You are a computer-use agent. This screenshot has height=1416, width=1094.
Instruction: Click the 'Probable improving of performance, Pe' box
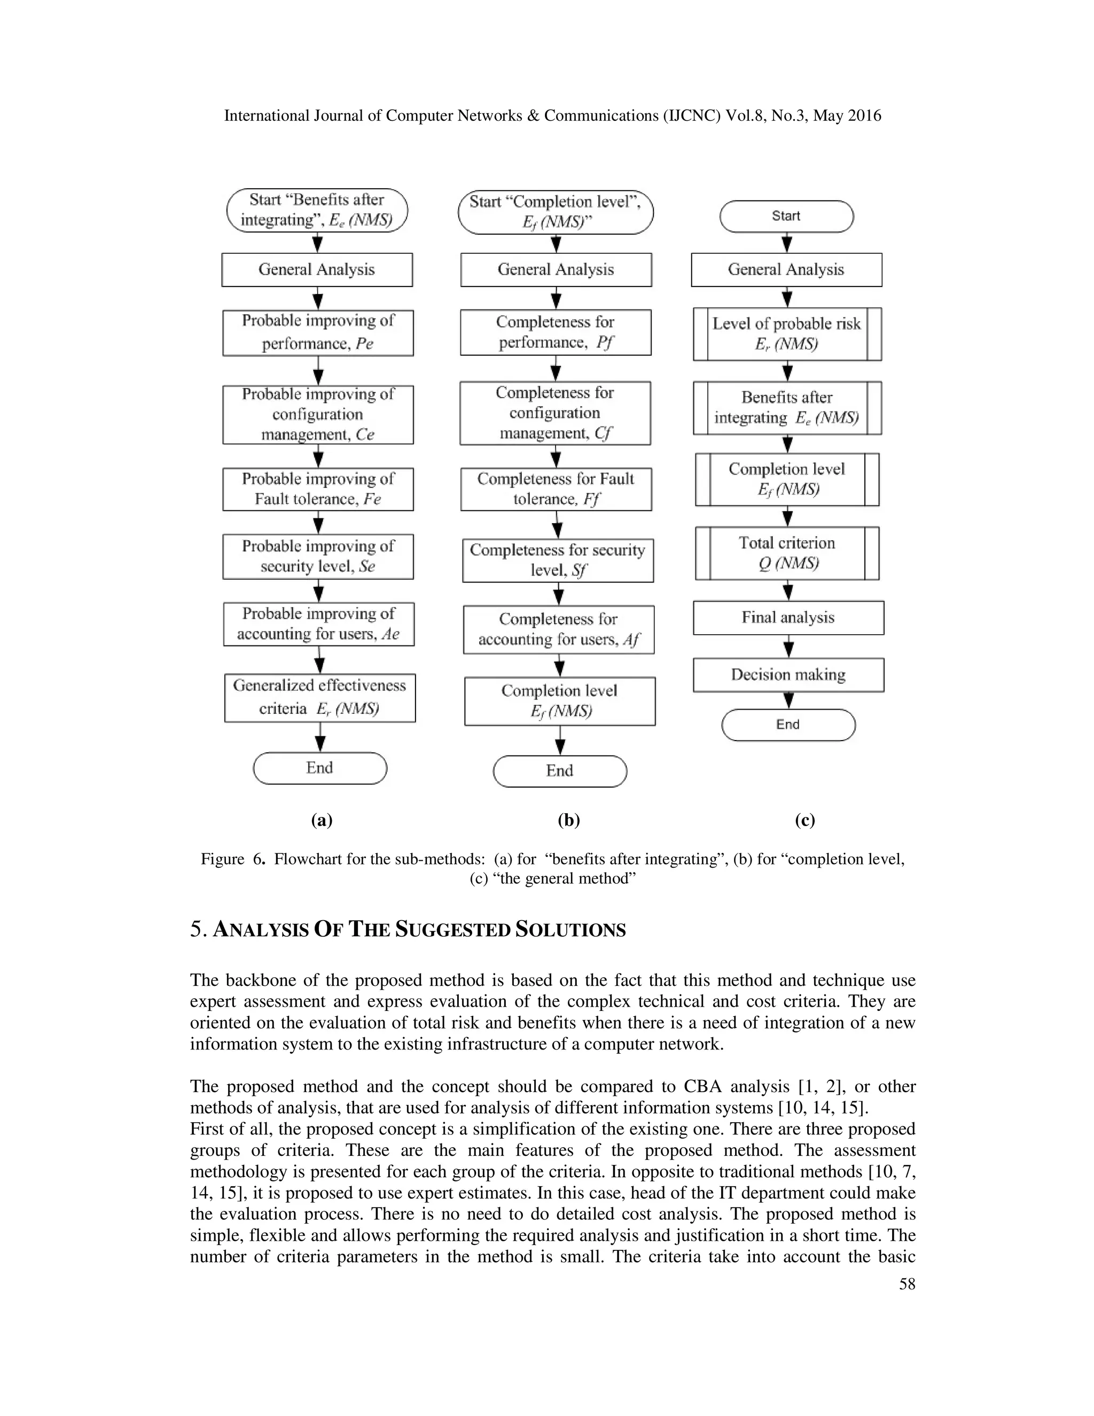click(x=318, y=332)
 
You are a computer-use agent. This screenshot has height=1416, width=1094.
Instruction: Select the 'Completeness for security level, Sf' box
click(x=557, y=560)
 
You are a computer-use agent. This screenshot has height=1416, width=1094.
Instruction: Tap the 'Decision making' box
click(x=788, y=675)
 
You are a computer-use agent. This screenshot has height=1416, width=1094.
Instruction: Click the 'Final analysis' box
click(x=788, y=618)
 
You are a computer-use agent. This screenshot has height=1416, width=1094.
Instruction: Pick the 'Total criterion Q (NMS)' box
click(x=787, y=553)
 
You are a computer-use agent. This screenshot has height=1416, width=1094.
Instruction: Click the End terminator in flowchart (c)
click(x=788, y=725)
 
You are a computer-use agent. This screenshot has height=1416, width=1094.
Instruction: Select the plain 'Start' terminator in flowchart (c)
click(x=786, y=216)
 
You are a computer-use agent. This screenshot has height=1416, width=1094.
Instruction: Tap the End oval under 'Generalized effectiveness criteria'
click(x=319, y=768)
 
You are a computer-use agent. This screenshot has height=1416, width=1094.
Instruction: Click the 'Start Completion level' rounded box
click(x=556, y=212)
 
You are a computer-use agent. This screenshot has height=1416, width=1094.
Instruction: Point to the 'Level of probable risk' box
click(x=787, y=334)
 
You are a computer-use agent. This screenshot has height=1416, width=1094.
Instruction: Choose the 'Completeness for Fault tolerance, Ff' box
click(x=556, y=489)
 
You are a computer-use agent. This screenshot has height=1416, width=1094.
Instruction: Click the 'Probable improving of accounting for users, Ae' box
click(x=318, y=624)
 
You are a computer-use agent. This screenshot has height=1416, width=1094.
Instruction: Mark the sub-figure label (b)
click(x=568, y=820)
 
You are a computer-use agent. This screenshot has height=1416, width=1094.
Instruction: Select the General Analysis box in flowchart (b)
click(x=556, y=270)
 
